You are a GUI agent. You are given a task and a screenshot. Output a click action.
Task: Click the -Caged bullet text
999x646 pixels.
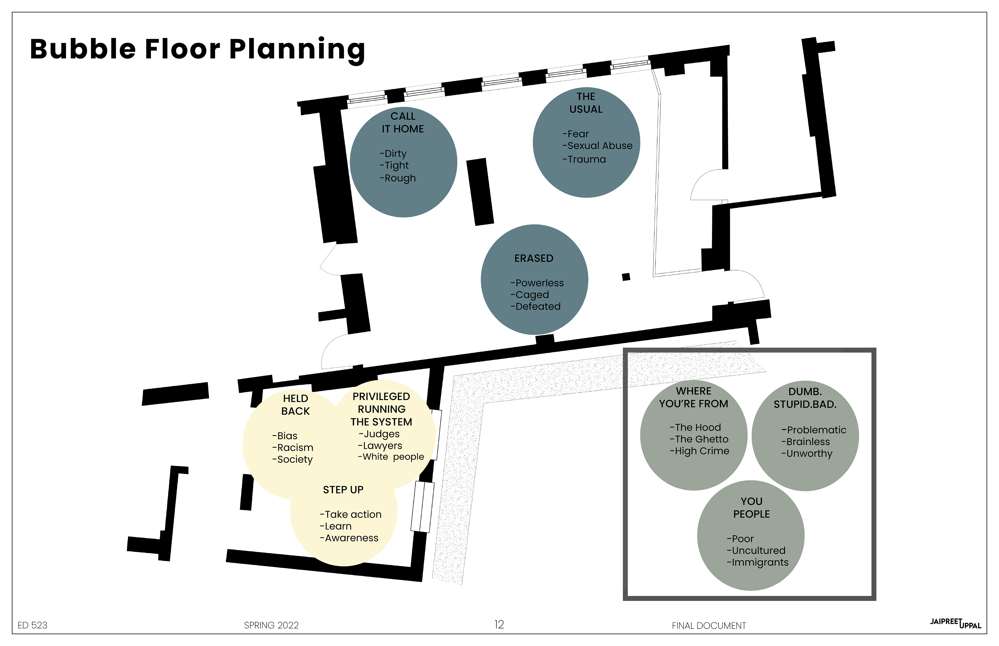coord(530,295)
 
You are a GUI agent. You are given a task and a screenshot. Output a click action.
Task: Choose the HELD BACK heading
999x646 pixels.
coord(296,405)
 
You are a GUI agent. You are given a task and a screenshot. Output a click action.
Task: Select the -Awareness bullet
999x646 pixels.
coord(349,538)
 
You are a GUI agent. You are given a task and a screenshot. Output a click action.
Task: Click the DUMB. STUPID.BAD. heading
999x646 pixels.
coord(805,398)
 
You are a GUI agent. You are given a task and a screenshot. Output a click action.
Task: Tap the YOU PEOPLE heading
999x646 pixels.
coord(751,507)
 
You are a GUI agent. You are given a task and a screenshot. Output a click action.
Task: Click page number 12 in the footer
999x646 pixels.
coord(499,625)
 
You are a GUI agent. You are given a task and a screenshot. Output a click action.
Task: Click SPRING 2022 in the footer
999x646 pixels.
coord(271,625)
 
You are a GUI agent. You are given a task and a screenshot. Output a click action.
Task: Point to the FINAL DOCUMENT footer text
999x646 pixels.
coord(709,626)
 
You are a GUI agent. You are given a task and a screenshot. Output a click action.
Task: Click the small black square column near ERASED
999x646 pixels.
coord(626,277)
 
